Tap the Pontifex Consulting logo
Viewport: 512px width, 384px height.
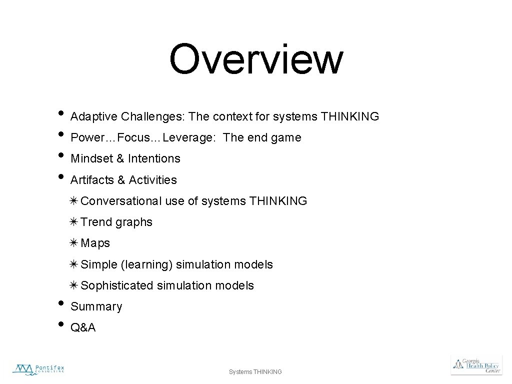[x=38, y=369]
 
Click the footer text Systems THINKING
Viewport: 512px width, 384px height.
[x=255, y=371]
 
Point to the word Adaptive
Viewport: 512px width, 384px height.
[x=94, y=117]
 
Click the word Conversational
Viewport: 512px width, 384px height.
[x=121, y=201]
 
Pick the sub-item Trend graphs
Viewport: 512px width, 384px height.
[x=116, y=222]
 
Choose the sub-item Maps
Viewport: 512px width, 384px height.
[x=95, y=243]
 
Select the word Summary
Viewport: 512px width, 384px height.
[x=96, y=306]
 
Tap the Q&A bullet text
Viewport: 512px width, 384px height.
[x=83, y=328]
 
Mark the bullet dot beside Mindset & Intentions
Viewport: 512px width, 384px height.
[x=60, y=155]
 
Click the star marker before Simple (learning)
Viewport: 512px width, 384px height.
[x=74, y=264]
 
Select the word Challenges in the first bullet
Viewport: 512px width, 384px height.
[x=153, y=117]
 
